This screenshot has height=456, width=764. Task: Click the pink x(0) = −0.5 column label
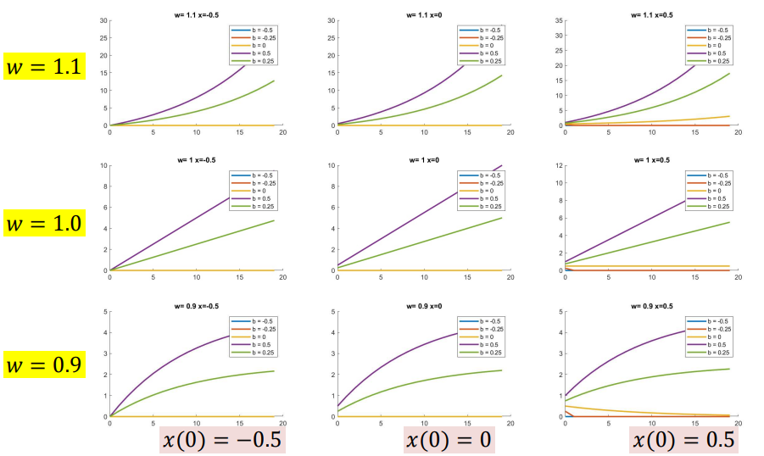(x=222, y=440)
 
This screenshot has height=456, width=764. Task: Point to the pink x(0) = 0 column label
(x=449, y=440)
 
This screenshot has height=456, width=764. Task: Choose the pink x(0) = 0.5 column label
(x=683, y=440)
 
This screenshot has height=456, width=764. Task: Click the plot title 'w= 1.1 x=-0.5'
(x=196, y=14)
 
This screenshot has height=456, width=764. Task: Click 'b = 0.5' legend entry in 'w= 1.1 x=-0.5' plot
(x=258, y=53)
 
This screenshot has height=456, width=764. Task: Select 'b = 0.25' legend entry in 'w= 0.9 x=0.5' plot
(x=713, y=353)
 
